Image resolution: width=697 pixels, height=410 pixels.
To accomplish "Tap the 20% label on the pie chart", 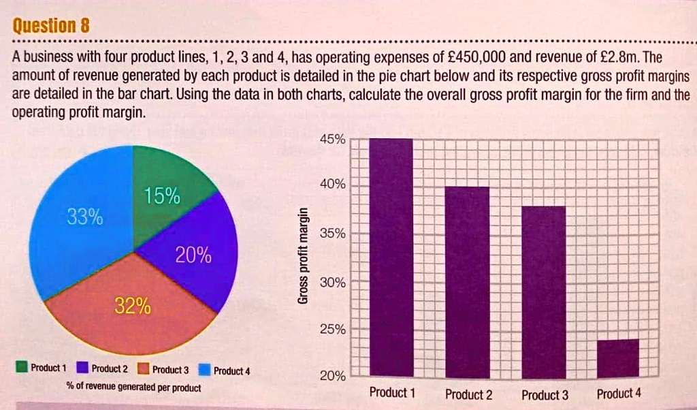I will pos(193,257).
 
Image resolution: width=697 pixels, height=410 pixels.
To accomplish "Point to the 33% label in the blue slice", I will pos(84,219).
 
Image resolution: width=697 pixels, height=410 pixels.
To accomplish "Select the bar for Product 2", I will pos(467,282).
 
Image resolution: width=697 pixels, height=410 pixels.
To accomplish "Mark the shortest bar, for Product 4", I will pos(618,358).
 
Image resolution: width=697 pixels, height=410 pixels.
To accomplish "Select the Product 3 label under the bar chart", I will pos(545,395).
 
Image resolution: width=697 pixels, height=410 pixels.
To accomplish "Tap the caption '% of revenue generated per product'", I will pos(133,388).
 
